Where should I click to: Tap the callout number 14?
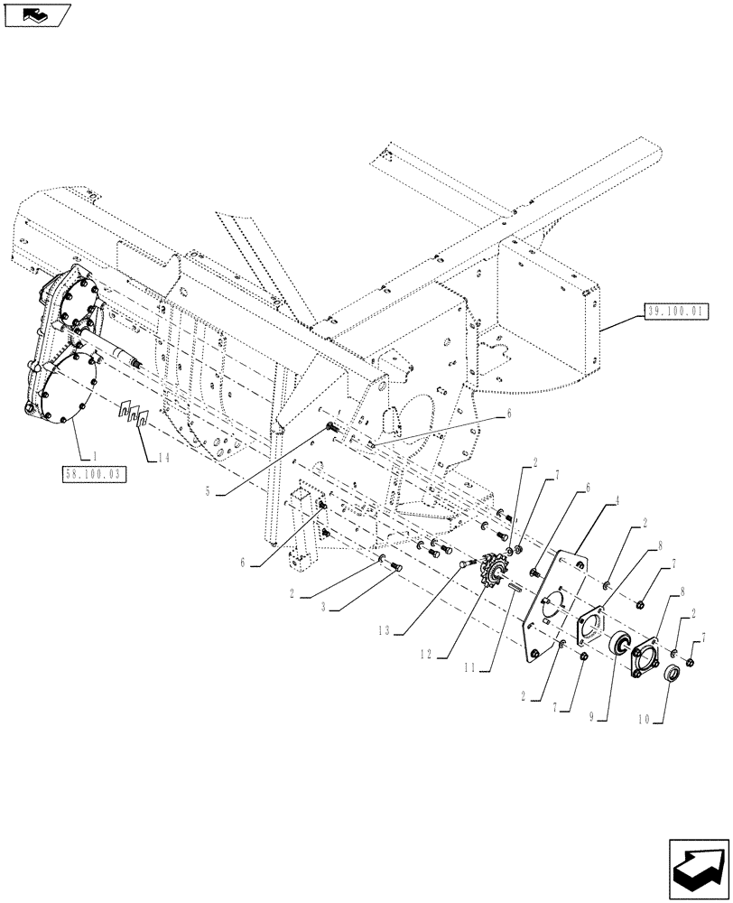pyautogui.click(x=162, y=458)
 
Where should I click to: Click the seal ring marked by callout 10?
pyautogui.click(x=671, y=675)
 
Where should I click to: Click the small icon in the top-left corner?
pyautogui.click(x=37, y=14)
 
